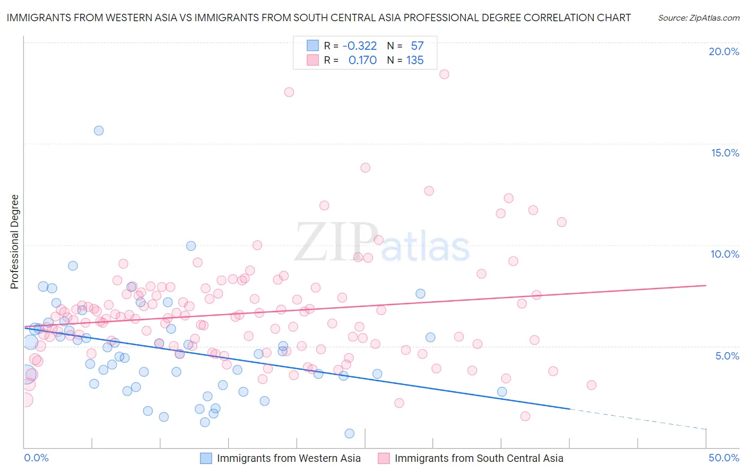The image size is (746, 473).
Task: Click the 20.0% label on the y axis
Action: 724,51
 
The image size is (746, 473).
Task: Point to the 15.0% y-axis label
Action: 725,153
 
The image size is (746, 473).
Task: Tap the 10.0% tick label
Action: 725,254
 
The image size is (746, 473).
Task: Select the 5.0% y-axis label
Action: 727,356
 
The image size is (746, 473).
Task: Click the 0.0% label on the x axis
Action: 37,458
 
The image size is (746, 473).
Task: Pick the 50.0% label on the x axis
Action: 724,458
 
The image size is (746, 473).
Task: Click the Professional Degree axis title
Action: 14,242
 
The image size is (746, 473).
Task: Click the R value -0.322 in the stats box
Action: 359,46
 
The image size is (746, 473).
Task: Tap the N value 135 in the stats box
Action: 415,60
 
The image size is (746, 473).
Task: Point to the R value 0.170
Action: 362,60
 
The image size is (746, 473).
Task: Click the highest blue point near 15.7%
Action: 99,130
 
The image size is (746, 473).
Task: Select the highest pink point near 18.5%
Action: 444,74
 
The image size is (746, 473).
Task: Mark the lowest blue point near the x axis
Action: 350,433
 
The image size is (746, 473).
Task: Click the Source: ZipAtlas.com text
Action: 698,17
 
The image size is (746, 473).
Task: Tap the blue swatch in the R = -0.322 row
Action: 313,46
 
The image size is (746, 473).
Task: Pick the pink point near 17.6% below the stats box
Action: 289,92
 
